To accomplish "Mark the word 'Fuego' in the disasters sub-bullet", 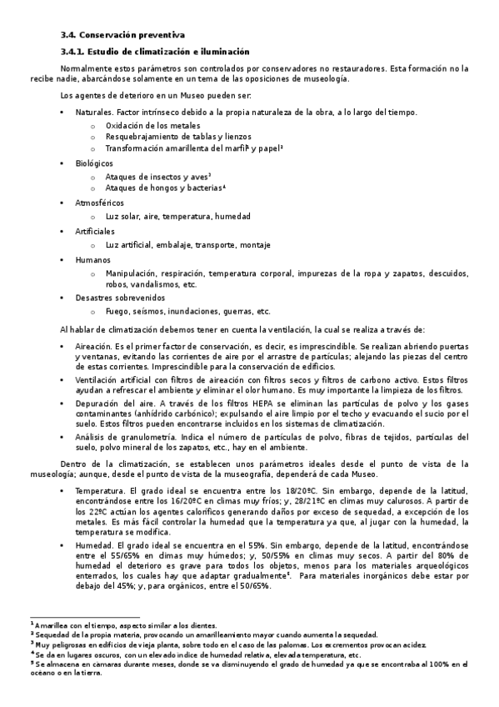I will pyautogui.click(x=118, y=312).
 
